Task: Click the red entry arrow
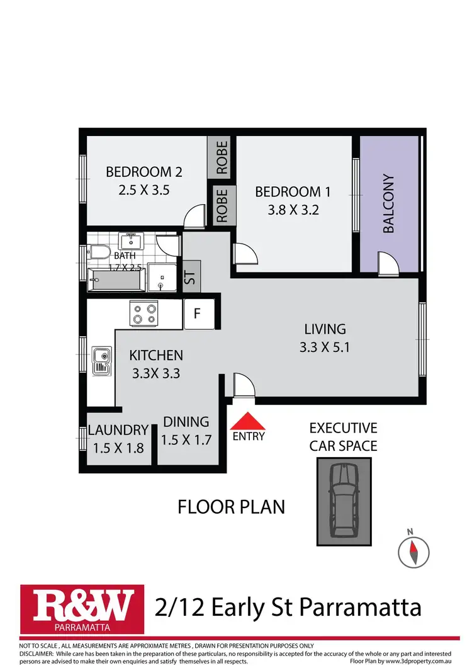[x=249, y=421]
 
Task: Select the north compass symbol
[x=413, y=550]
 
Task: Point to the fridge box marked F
[x=197, y=314]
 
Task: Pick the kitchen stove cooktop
[x=143, y=313]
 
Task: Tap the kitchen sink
[x=102, y=361]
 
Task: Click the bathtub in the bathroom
[x=115, y=280]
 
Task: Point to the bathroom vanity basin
[x=132, y=241]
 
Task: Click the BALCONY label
[x=388, y=204]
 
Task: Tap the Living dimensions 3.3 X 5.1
[x=325, y=346]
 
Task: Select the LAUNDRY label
[x=118, y=431]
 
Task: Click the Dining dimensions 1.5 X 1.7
[x=186, y=440]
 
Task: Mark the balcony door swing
[x=388, y=263]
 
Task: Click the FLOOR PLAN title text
[x=231, y=506]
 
